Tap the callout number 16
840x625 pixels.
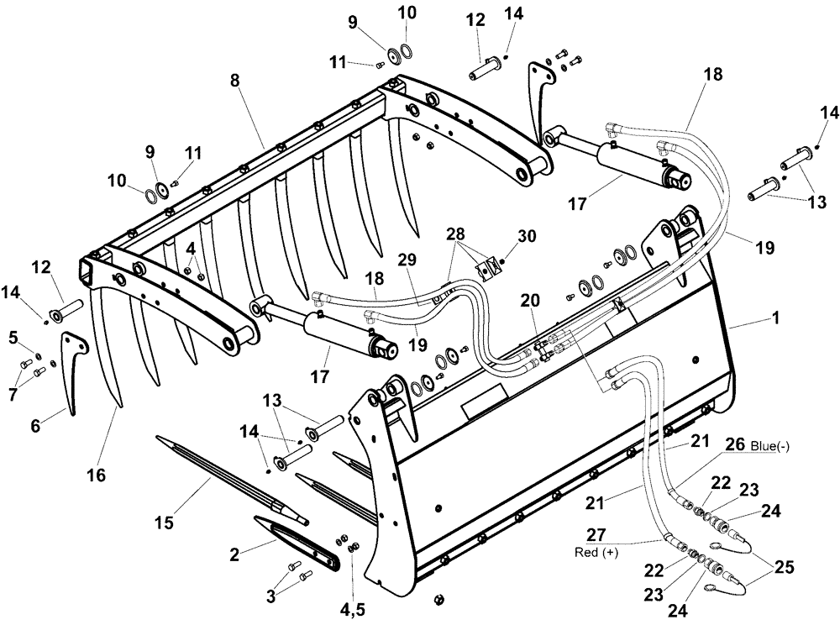[x=96, y=475]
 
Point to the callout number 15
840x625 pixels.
[x=164, y=522]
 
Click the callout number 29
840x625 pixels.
[x=407, y=262]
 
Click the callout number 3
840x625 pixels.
[x=270, y=596]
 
